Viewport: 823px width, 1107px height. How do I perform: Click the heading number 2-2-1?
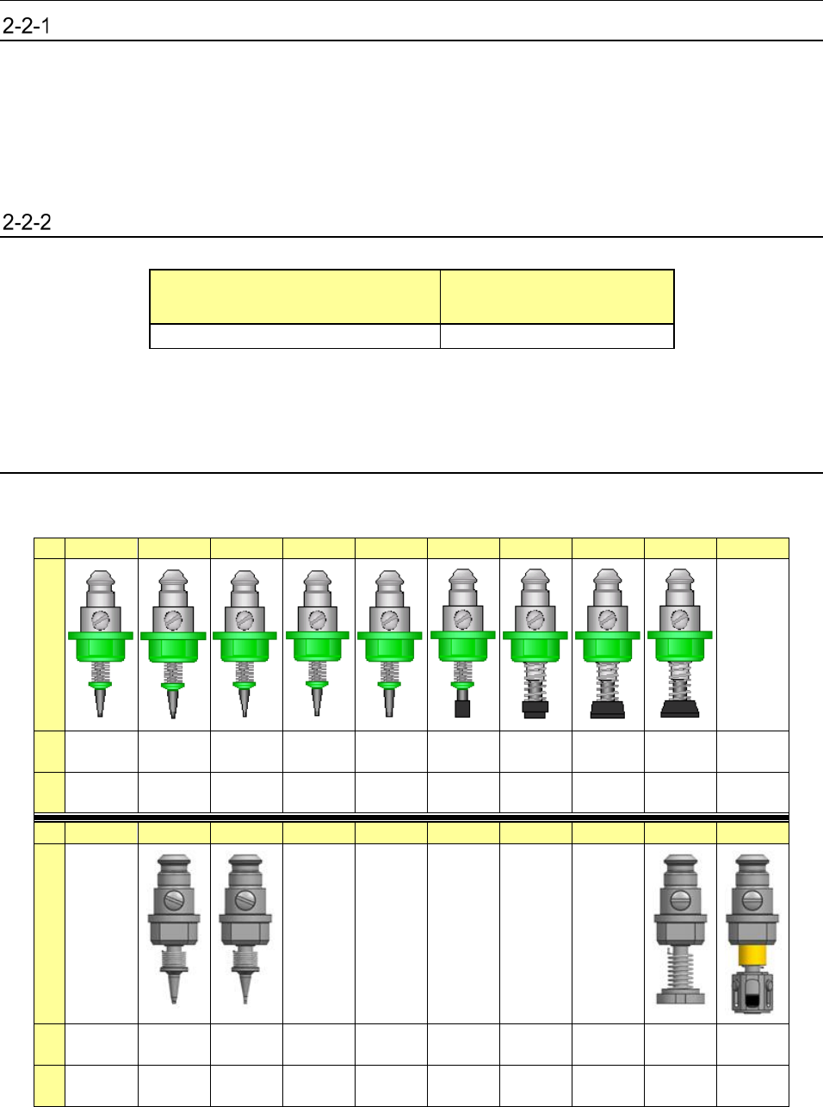point(26,26)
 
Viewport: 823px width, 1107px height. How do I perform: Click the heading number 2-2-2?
point(27,222)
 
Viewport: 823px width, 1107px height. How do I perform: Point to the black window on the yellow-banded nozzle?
point(752,1000)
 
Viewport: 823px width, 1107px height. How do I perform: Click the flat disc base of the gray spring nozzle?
point(680,998)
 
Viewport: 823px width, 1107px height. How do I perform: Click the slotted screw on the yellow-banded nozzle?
point(752,901)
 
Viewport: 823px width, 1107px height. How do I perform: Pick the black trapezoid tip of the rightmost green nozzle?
point(680,709)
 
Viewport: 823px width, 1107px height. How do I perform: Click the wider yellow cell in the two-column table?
point(294,297)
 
